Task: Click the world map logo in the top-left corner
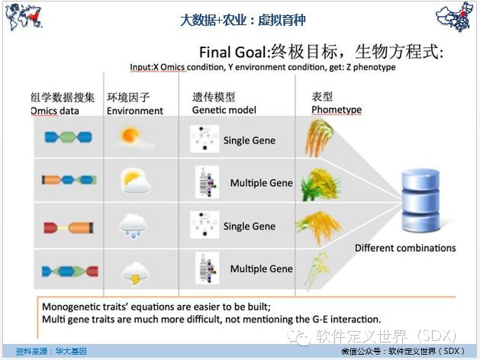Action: [24, 17]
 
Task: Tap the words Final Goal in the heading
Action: [233, 53]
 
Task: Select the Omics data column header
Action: [55, 111]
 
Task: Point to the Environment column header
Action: [135, 111]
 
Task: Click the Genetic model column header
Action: [224, 110]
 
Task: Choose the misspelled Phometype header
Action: [337, 110]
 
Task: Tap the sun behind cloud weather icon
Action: [135, 182]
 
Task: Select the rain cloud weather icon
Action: [134, 227]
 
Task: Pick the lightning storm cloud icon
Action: [135, 273]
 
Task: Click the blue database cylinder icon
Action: [421, 201]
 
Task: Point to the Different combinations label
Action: [405, 248]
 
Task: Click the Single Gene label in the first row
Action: [250, 140]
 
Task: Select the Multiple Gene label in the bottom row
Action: [262, 268]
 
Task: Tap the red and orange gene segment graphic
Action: [69, 228]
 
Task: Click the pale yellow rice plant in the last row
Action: [317, 271]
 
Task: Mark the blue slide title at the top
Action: [243, 20]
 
